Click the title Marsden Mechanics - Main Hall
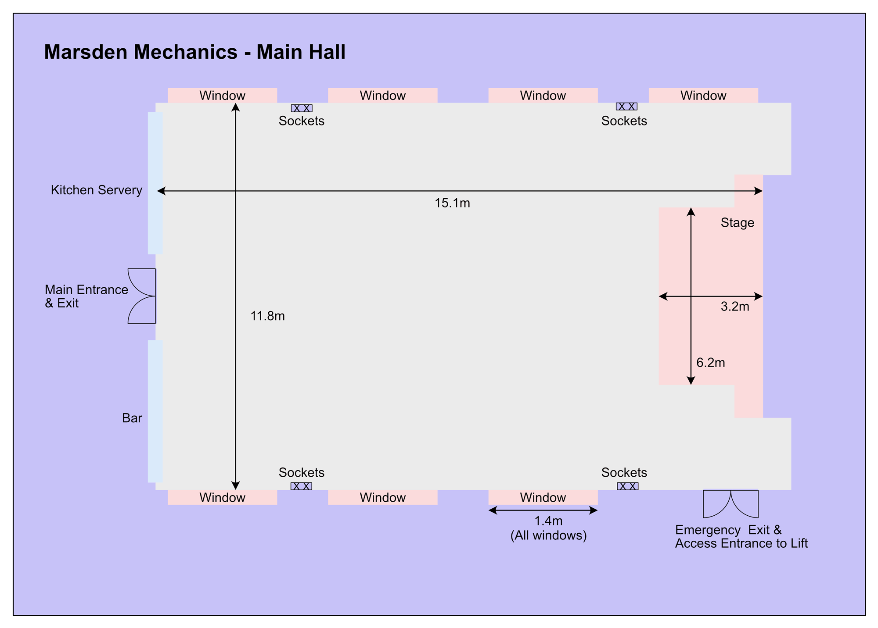pyautogui.click(x=195, y=52)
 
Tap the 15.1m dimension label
pyautogui.click(x=452, y=203)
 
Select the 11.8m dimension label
pyautogui.click(x=268, y=316)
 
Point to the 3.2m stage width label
pyautogui.click(x=735, y=307)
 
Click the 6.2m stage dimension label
pyautogui.click(x=711, y=363)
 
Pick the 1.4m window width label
pyautogui.click(x=548, y=521)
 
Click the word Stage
pyautogui.click(x=738, y=223)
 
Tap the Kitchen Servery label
pyautogui.click(x=97, y=190)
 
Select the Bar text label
pyautogui.click(x=132, y=418)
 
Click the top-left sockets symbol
pyautogui.click(x=302, y=108)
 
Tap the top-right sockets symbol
pyautogui.click(x=626, y=107)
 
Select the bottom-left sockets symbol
pyautogui.click(x=301, y=486)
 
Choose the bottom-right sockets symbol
pyautogui.click(x=628, y=486)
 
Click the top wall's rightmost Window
pyautogui.click(x=703, y=96)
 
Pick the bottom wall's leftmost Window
pyautogui.click(x=223, y=497)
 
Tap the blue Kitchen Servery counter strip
pyautogui.click(x=155, y=183)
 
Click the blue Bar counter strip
pyautogui.click(x=155, y=411)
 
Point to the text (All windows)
pyautogui.click(x=548, y=535)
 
